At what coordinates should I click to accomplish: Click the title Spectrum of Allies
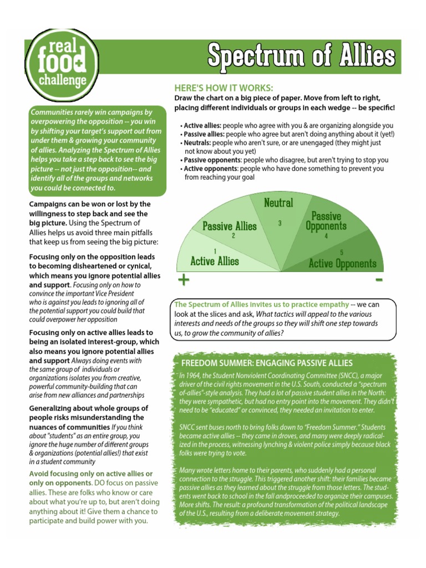click(301, 55)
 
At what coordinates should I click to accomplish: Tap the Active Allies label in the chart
click(215, 261)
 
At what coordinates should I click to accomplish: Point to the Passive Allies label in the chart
click(230, 226)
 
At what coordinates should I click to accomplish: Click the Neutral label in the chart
click(278, 203)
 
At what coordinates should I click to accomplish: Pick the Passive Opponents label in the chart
click(326, 221)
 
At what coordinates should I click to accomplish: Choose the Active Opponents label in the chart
click(342, 263)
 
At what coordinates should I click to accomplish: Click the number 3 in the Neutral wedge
click(280, 223)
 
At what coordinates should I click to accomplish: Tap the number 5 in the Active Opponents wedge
click(342, 252)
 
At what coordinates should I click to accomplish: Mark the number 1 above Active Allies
click(215, 251)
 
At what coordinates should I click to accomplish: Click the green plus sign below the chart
click(183, 280)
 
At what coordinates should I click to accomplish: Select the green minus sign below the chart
click(379, 280)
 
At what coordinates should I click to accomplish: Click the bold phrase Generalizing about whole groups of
click(89, 408)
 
